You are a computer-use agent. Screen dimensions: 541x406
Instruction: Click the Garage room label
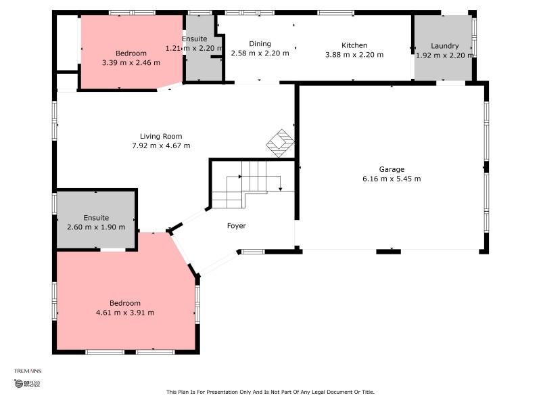[392, 169]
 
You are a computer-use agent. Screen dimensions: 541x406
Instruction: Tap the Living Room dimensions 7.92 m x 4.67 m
[161, 145]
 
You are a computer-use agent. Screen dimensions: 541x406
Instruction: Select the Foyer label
[236, 226]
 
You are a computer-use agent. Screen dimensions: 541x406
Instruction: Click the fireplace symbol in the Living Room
[280, 143]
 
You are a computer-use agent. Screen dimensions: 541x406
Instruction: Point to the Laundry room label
[445, 46]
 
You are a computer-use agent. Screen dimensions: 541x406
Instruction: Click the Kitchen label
[354, 45]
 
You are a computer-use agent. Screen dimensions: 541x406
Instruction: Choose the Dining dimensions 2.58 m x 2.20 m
[260, 53]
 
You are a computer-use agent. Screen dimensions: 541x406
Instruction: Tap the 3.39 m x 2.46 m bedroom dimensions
[131, 62]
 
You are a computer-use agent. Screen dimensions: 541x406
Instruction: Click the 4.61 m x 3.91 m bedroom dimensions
[125, 313]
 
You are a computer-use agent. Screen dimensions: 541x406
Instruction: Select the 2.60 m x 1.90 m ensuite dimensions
[96, 227]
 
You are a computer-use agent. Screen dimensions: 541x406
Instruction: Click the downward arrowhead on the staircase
[280, 189]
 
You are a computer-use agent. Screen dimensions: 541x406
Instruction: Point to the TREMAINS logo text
[28, 371]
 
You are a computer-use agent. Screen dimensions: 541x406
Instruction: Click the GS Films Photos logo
[27, 383]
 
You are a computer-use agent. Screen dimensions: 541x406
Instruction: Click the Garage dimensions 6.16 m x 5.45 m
[392, 179]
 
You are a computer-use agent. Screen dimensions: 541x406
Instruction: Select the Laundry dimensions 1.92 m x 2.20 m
[445, 55]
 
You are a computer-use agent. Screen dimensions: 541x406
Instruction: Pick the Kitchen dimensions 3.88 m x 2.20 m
[354, 55]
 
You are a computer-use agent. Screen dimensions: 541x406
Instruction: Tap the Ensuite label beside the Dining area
[195, 39]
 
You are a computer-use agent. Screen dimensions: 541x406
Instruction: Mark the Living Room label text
[161, 137]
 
